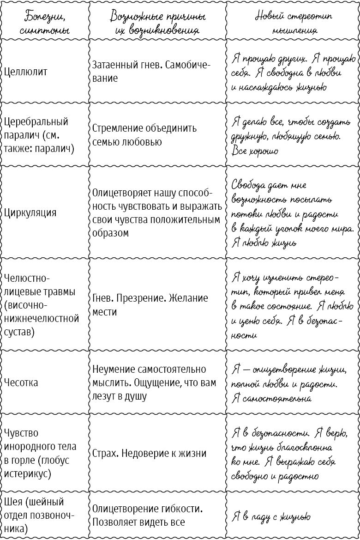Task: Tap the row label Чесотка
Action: point(21,383)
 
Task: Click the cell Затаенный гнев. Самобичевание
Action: point(151,72)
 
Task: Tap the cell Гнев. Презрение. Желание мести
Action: point(150,305)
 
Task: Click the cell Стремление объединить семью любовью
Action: point(144,135)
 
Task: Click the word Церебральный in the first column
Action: point(36,122)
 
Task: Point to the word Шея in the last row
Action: point(14,502)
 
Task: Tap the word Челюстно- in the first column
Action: point(26,279)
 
